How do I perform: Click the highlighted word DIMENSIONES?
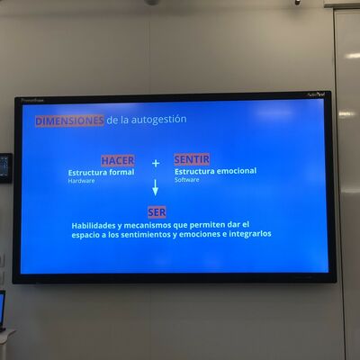point(69,121)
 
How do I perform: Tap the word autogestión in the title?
point(158,120)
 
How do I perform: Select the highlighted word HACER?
point(118,160)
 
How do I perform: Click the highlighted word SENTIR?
point(192,159)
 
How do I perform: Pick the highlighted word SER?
point(157,212)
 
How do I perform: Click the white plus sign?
point(156,163)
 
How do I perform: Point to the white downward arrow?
point(155,188)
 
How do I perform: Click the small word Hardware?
point(81,181)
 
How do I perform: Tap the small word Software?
point(186,180)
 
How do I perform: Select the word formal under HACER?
point(121,172)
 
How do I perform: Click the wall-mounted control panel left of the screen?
point(5,168)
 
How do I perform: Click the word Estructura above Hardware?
point(87,173)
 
